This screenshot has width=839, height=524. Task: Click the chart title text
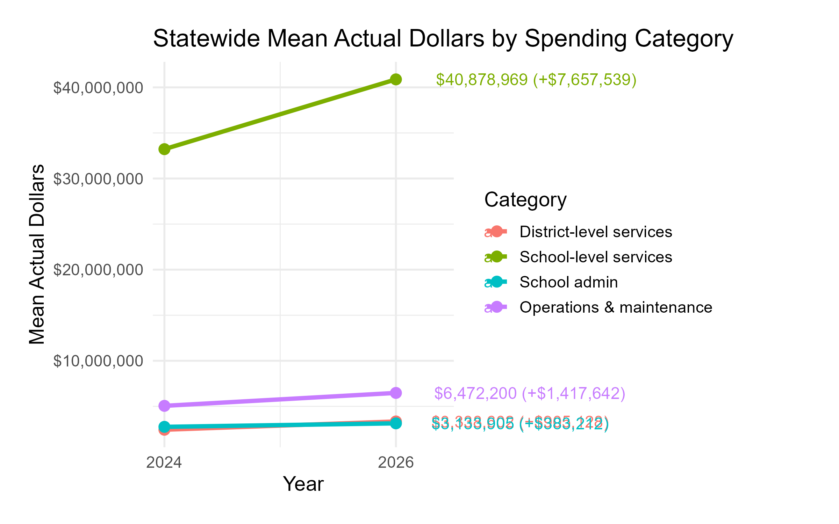[443, 38]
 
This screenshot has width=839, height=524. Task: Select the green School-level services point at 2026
[395, 80]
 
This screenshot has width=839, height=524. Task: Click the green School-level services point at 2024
[164, 150]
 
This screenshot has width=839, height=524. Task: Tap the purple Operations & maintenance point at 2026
[395, 393]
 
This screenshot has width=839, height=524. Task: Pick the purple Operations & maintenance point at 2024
[164, 406]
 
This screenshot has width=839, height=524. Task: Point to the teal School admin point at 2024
[164, 427]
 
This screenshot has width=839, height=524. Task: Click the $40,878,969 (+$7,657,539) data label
[536, 80]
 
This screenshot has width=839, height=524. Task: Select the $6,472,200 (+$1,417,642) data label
[529, 393]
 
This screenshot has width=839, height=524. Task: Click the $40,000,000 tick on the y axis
[98, 88]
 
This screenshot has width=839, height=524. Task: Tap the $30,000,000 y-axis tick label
[98, 179]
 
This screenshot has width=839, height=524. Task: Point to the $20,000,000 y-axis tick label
[98, 270]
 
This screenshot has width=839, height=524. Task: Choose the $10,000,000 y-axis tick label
[98, 361]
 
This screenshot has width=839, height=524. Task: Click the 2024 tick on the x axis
[164, 463]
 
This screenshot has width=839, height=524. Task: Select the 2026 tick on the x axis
[396, 463]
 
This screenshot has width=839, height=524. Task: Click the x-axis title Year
[303, 484]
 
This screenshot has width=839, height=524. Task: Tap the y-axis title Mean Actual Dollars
[37, 254]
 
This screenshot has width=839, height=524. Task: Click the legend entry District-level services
[596, 232]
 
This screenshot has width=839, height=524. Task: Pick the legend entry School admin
[568, 282]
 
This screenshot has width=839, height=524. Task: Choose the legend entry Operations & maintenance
[616, 307]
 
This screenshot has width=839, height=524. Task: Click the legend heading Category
[525, 200]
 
